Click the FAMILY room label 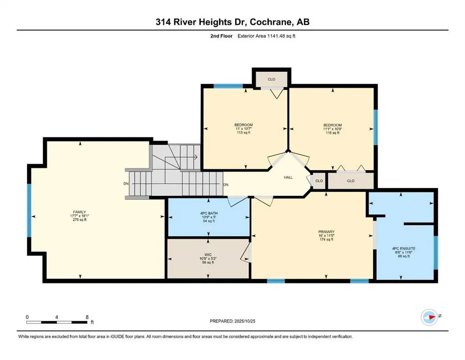point(79,212)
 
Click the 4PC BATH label point(209,213)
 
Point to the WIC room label point(208,255)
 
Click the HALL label point(288,178)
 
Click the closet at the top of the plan point(271,80)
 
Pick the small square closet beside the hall point(319,181)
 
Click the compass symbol point(429,317)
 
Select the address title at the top point(232,22)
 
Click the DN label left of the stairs point(125,184)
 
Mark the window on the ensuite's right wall point(435,253)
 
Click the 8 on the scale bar point(87,317)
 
